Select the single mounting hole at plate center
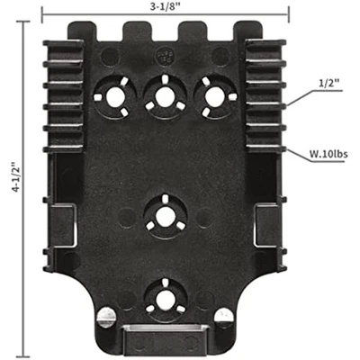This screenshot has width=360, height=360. pos(165,215)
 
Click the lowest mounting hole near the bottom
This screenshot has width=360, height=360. pos(165,293)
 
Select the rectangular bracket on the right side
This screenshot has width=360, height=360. pos(266,225)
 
